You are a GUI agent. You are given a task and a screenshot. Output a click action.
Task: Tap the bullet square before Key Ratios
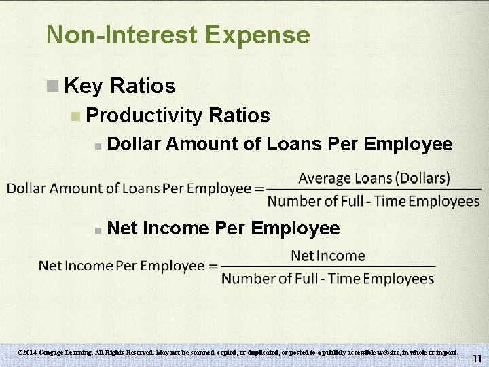pyautogui.click(x=52, y=86)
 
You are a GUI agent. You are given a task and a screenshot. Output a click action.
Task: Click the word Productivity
pyautogui.click(x=145, y=116)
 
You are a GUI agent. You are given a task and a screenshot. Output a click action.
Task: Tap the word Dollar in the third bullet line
pyautogui.click(x=133, y=144)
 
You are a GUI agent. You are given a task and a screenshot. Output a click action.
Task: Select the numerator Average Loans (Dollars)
pyautogui.click(x=374, y=178)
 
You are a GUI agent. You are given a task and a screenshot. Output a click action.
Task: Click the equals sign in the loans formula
pyautogui.click(x=259, y=189)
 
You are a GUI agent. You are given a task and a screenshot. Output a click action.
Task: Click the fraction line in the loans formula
pyautogui.click(x=373, y=189)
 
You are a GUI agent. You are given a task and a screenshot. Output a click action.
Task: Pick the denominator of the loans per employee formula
pyautogui.click(x=373, y=201)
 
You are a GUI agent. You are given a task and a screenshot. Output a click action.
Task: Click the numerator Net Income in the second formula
pyautogui.click(x=327, y=256)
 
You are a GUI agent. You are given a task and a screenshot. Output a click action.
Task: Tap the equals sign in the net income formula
pyautogui.click(x=213, y=266)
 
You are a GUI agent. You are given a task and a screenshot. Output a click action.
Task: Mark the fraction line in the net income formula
pyautogui.click(x=327, y=266)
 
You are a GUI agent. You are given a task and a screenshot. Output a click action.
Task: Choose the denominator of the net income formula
pyautogui.click(x=327, y=279)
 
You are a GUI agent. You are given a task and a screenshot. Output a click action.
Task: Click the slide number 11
pyautogui.click(x=477, y=359)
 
